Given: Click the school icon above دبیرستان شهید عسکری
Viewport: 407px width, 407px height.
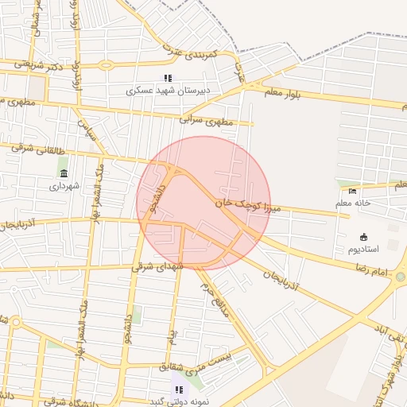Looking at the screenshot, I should point(168,78).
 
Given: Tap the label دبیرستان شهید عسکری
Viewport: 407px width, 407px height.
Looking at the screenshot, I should point(168,91).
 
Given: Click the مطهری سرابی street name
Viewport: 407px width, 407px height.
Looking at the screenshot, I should point(206,119).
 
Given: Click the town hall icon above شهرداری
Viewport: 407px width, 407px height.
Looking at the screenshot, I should point(64,173).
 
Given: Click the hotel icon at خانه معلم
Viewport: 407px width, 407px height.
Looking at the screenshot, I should point(353,190).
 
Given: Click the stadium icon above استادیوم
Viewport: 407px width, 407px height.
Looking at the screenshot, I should point(363,236).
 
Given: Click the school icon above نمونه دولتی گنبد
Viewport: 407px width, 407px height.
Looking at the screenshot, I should point(179,390).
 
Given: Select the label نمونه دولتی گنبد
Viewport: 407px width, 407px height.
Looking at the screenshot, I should point(179,401).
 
